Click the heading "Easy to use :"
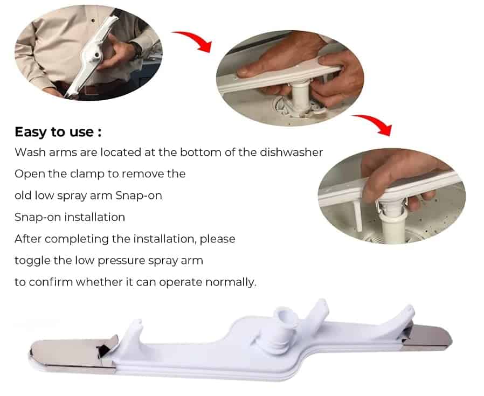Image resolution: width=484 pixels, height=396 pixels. pos(58,132)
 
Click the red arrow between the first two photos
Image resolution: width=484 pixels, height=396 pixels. pos(195,39)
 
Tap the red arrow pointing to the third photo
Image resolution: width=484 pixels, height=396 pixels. pos(375,123)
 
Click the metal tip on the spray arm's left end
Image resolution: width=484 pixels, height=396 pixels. pos(73,354)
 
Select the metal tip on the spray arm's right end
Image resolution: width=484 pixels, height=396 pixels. pos(427,338)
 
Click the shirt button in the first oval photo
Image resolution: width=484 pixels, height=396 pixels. pos(93,20)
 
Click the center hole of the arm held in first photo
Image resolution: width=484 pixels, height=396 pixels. pos(97,55)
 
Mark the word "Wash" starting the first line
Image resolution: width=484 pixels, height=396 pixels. pos(30,152)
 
